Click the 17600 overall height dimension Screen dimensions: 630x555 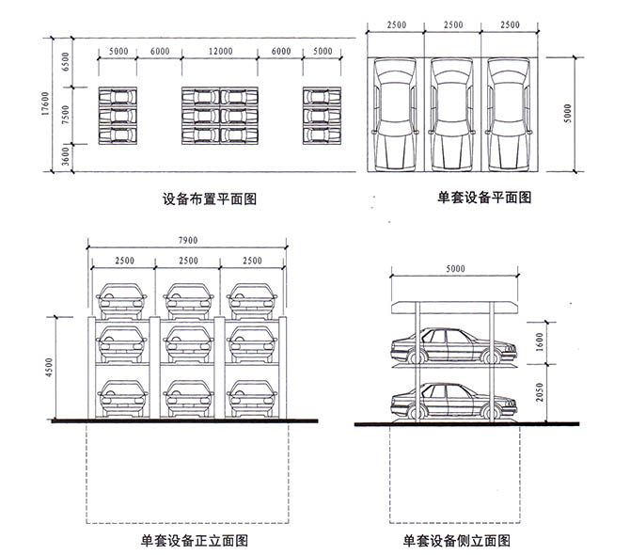click(x=45, y=103)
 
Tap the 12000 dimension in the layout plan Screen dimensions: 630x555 click(x=220, y=52)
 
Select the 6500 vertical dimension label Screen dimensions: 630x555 click(x=66, y=62)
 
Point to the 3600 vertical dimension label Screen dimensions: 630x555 click(x=66, y=156)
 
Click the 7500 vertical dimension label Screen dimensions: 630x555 click(x=66, y=115)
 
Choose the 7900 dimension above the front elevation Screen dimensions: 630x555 click(x=188, y=240)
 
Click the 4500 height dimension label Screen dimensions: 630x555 click(x=49, y=367)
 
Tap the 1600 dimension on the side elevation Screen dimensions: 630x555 click(x=539, y=342)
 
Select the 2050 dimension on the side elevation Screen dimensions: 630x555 click(x=539, y=392)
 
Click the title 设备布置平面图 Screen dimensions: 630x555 click(x=210, y=198)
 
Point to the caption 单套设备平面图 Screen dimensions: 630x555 click(x=484, y=198)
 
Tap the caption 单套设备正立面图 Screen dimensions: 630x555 click(x=195, y=541)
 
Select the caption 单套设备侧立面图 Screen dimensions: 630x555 click(x=457, y=541)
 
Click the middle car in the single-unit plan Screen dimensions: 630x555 click(x=452, y=115)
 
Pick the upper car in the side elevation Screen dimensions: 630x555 click(x=454, y=345)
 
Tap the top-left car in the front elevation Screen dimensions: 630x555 click(x=121, y=301)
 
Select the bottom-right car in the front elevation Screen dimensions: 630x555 click(x=252, y=398)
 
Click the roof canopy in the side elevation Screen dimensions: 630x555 click(x=455, y=308)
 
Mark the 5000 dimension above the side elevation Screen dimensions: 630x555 click(x=455, y=268)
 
